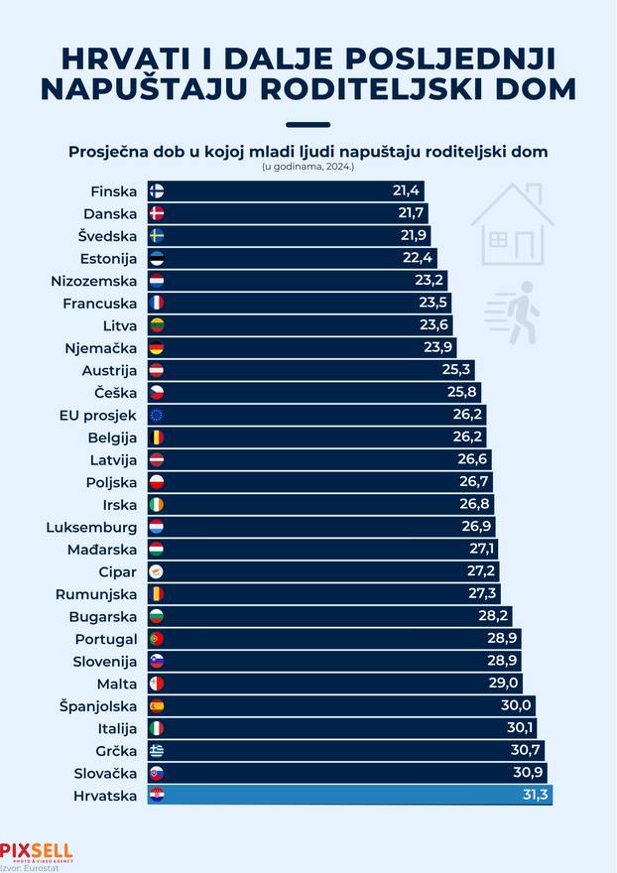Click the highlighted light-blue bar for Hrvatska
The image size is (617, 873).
click(x=347, y=794)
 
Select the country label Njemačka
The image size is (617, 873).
click(x=101, y=348)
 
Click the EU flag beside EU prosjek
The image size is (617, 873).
click(x=156, y=415)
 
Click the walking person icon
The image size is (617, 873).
click(x=515, y=312)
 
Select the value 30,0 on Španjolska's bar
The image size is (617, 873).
click(x=517, y=706)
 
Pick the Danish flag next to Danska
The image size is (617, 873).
click(x=156, y=213)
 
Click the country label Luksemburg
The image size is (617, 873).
click(x=91, y=527)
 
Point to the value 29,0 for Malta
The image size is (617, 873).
click(x=504, y=684)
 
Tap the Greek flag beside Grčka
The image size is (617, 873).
click(x=156, y=750)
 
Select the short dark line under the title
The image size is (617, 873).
click(x=308, y=125)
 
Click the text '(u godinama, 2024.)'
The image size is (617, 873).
click(x=308, y=167)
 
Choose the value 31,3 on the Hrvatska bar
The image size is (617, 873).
click(x=533, y=795)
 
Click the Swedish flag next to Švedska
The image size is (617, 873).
click(x=156, y=236)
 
